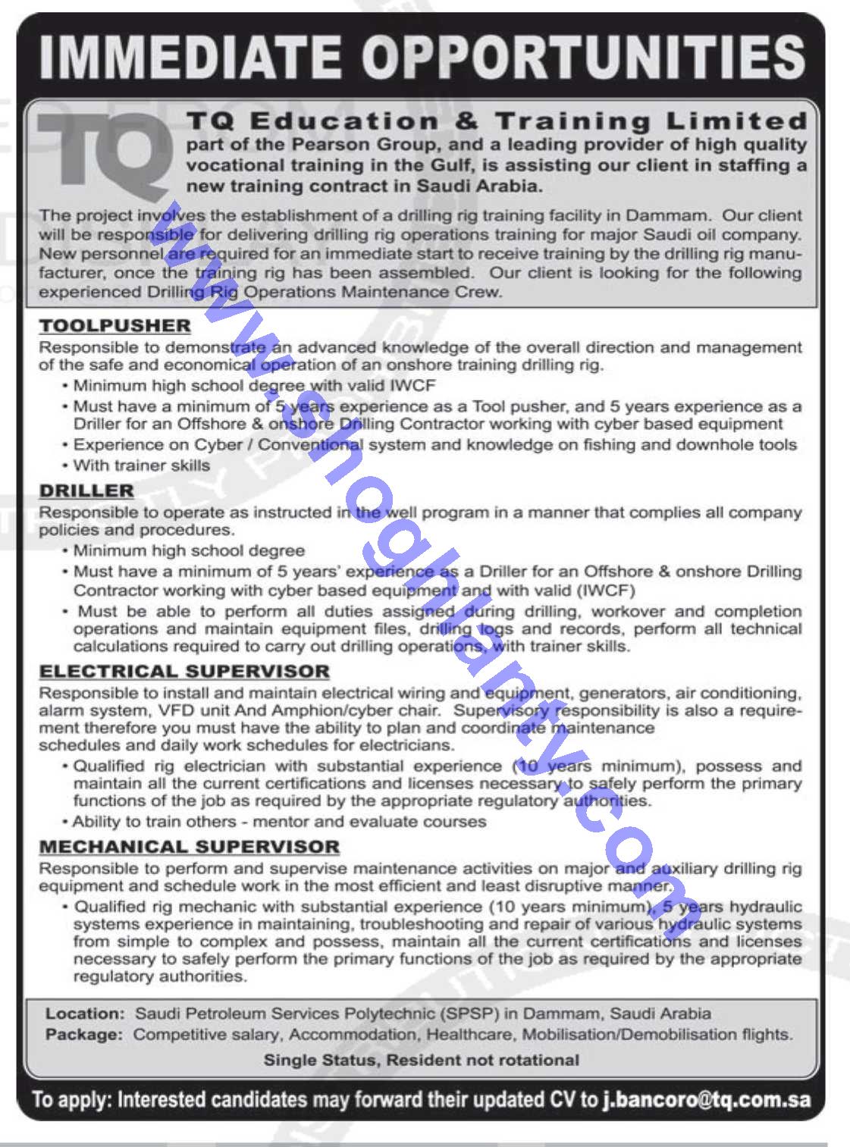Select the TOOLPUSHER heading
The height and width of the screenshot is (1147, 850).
point(115,326)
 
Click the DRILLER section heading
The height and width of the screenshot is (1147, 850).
point(86,491)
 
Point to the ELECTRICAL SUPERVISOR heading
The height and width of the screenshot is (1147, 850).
point(184,672)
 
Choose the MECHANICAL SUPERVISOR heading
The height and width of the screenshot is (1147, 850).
point(190,847)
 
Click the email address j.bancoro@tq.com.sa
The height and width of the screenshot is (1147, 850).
point(707,1100)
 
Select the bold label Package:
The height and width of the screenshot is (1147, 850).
point(84,1034)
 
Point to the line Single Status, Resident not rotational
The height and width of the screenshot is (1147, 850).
point(421,1060)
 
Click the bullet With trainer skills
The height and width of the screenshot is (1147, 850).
point(142,465)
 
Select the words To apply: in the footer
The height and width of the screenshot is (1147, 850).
point(72,1100)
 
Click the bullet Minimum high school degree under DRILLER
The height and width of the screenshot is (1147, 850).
point(190,550)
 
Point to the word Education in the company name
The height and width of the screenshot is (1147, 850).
point(345,121)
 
